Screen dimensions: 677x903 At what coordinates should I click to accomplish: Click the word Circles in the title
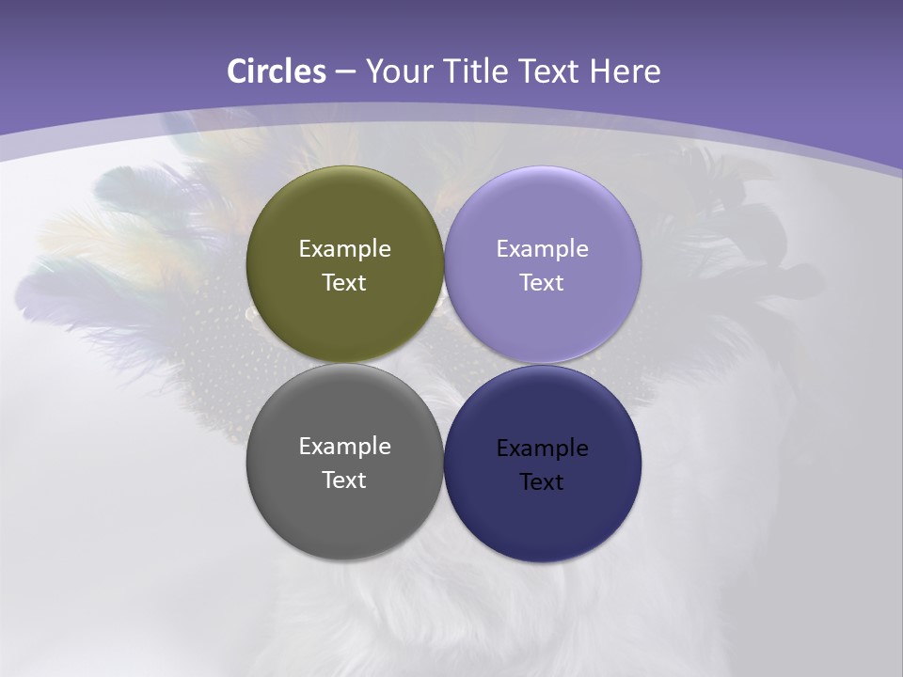point(276,71)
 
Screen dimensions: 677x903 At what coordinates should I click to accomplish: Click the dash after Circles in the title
point(344,72)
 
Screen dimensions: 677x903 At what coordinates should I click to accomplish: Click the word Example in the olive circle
point(344,249)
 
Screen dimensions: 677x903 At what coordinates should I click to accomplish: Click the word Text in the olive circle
point(344,283)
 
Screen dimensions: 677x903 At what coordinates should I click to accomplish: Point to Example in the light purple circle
point(543,249)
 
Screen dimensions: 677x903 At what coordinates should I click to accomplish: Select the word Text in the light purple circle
point(543,283)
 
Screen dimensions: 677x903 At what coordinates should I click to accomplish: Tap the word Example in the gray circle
point(344,447)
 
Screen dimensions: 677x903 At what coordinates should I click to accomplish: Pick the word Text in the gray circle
point(344,480)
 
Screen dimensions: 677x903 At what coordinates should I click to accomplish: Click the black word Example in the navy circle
point(543,449)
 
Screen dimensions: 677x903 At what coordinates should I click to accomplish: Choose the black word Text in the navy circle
point(543,482)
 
